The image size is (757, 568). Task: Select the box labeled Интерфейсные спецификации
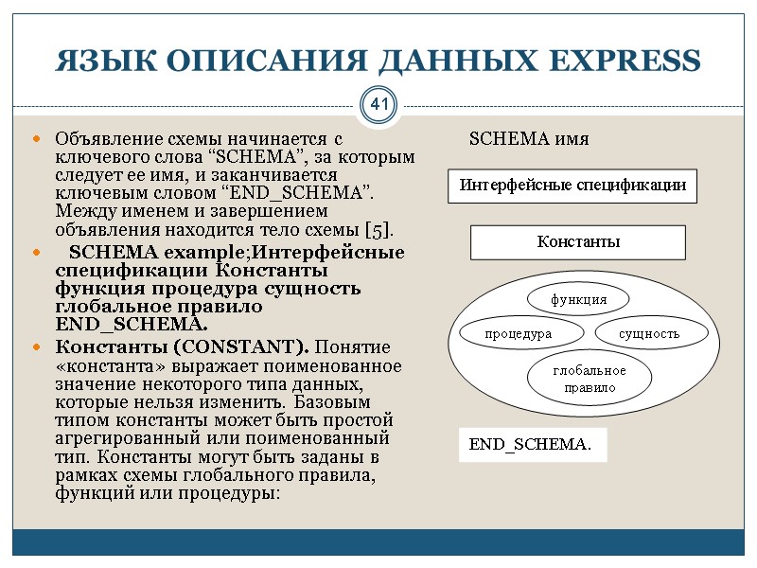point(572,186)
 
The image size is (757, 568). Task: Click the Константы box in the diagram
point(578,241)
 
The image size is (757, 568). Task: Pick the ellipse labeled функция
point(579,300)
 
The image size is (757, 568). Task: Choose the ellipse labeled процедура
point(518,334)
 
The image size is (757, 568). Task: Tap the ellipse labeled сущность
point(649,334)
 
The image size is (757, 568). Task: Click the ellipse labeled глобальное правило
point(590,379)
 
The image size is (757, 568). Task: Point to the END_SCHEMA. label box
point(531,444)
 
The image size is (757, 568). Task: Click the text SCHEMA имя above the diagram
point(529,139)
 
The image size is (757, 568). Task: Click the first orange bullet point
point(37,140)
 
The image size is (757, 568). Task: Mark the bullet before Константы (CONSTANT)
point(37,347)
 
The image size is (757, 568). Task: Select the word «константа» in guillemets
point(103,365)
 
